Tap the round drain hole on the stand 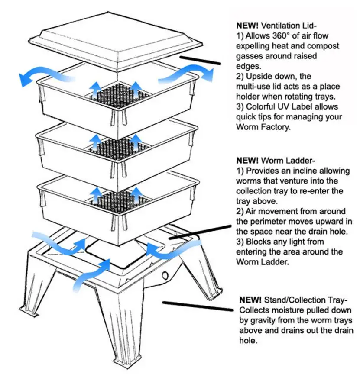click(x=165, y=276)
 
